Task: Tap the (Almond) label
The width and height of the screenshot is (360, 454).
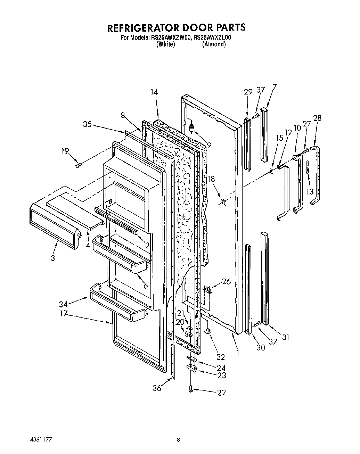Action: coord(214,44)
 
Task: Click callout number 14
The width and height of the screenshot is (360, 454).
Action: coord(154,92)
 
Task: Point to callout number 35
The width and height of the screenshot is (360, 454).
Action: coord(88,124)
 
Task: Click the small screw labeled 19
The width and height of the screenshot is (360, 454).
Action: coord(78,165)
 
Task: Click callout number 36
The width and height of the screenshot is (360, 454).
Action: coord(157,388)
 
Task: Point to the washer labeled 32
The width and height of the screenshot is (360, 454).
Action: coord(207,331)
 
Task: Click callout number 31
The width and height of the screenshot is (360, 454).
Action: coord(286,337)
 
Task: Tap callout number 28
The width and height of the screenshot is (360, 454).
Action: coord(317,118)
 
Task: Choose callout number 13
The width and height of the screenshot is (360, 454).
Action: coord(310,191)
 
